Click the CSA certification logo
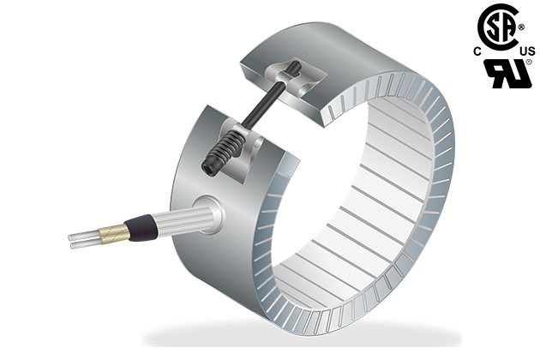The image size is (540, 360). [498, 27]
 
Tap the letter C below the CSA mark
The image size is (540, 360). [477, 51]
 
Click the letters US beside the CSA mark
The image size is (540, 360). [527, 51]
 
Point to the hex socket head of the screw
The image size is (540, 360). [209, 169]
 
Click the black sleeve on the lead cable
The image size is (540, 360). [141, 226]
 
